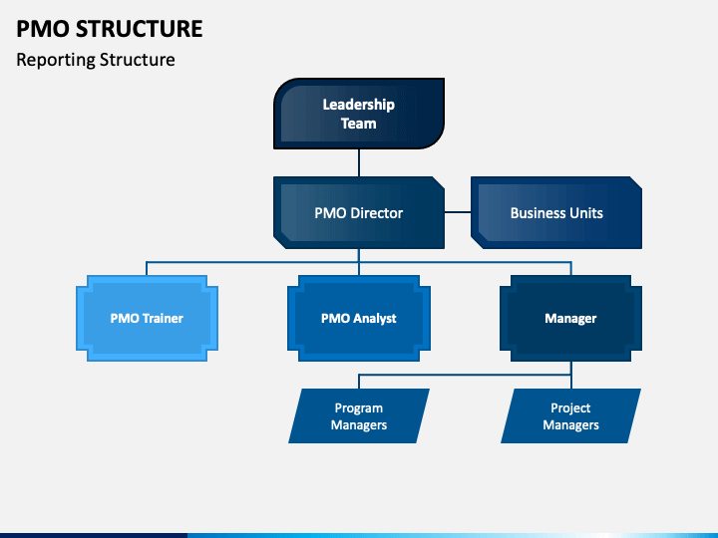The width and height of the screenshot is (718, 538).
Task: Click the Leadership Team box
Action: [359, 114]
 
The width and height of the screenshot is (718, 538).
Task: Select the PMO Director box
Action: [359, 213]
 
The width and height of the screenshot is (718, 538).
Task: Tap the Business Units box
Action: [556, 213]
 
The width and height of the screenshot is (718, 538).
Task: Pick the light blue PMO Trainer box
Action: [147, 319]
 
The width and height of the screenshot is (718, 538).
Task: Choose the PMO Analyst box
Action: [359, 319]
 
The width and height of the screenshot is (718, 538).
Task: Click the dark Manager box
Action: [571, 319]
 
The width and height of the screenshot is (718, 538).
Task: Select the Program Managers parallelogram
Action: [359, 415]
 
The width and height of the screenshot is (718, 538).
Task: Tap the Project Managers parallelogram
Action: [571, 415]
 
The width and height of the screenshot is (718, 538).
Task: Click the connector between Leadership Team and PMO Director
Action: [359, 162]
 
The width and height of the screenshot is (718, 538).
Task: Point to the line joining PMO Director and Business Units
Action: [458, 212]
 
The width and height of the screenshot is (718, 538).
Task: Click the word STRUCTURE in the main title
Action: [140, 29]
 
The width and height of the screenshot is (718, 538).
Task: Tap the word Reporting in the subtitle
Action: [56, 61]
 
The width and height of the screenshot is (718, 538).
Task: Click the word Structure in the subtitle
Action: [138, 60]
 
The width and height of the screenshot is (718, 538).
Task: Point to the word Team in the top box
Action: [359, 124]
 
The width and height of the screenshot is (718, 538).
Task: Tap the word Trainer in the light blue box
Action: [163, 319]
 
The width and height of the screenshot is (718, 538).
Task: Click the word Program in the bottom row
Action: [359, 408]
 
